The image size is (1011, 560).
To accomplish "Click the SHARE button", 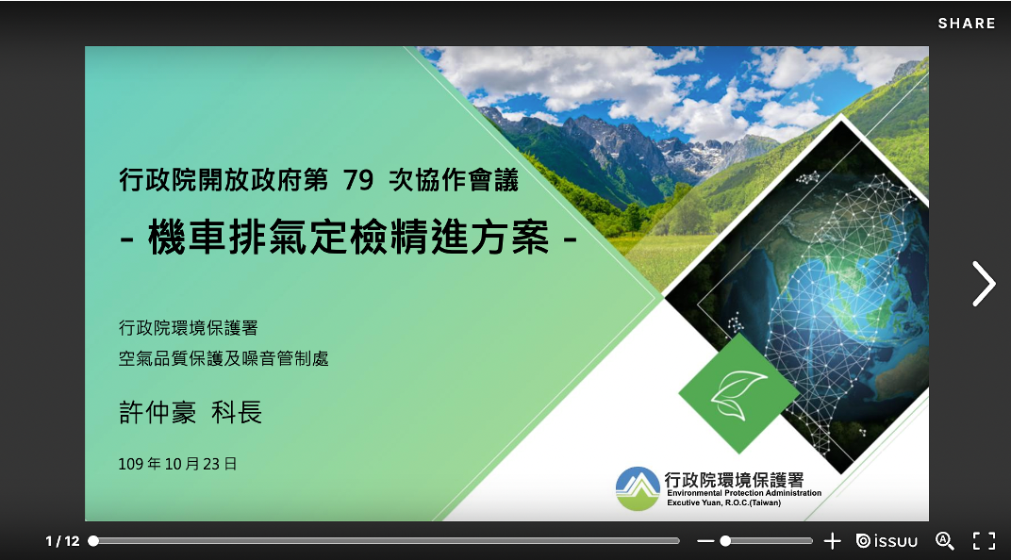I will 967,24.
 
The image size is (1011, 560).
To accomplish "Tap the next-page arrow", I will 984,284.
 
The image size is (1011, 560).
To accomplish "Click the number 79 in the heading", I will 357,179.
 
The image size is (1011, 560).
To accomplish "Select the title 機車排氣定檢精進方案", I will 349,238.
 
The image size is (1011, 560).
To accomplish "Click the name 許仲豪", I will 157,412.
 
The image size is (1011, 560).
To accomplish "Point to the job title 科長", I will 237,412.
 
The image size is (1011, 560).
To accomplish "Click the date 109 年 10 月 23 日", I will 177,464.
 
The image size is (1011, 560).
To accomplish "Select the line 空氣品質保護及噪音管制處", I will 224,358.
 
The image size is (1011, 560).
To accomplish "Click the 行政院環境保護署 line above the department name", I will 189,328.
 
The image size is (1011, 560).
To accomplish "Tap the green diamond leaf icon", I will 738,393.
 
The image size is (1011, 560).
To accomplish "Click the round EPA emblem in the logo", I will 638,488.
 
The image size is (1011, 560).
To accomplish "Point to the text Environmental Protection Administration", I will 744,493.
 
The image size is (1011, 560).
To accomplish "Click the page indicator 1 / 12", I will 62,541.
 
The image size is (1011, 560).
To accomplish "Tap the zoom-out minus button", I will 705,541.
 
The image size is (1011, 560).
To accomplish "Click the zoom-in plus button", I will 832,541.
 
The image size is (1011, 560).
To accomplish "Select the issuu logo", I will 887,541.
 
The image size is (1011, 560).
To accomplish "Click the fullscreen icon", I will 984,541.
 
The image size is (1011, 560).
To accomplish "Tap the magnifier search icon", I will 944,541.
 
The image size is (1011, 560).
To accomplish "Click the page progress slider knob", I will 93,541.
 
